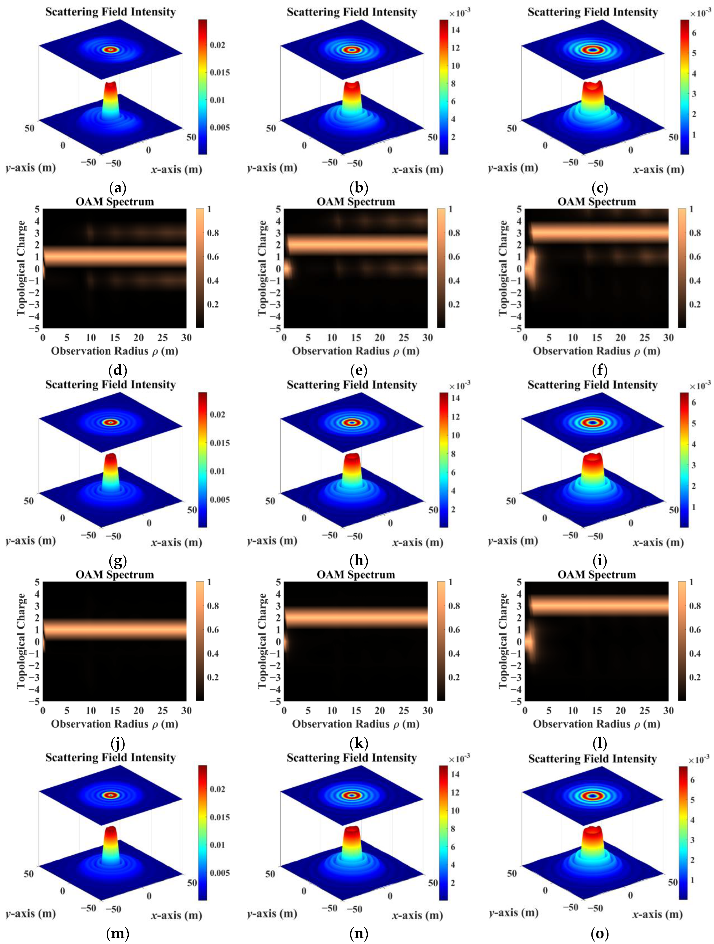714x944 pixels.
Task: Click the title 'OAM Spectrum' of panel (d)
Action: tap(114, 201)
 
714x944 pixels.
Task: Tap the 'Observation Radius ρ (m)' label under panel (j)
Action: tap(114, 724)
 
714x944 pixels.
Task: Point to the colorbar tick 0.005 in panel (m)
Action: tap(219, 872)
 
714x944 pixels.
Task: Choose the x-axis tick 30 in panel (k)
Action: tap(427, 711)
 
